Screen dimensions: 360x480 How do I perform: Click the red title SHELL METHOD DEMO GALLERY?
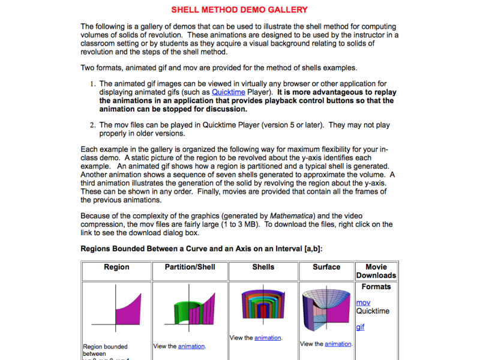[x=239, y=10]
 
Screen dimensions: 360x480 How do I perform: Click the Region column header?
[x=116, y=267]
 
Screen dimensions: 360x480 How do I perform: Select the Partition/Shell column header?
[x=190, y=267]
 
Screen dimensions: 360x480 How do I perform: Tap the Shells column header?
[x=263, y=267]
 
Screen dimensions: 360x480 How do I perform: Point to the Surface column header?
[x=326, y=267]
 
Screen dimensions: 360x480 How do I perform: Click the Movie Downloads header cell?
[x=376, y=271]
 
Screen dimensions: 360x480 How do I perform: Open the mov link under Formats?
[x=363, y=303]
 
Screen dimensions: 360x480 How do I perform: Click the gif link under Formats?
[x=360, y=327]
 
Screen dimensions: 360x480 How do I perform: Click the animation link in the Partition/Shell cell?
[x=191, y=346]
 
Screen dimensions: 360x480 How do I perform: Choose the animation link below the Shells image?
[x=268, y=338]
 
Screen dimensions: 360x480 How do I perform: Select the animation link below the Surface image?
[x=338, y=344]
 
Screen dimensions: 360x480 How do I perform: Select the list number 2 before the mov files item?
[x=93, y=125]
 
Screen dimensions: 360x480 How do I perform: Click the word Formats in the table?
[x=376, y=287]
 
